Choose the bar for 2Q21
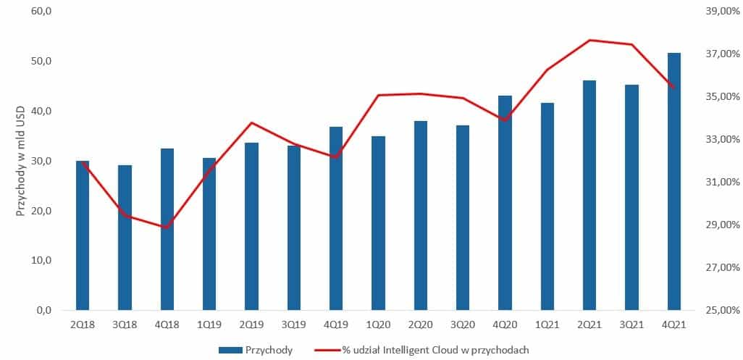pos(589,196)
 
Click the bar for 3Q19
pos(294,228)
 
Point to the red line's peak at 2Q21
pos(589,40)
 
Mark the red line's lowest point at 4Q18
pos(167,227)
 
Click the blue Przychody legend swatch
pos(230,350)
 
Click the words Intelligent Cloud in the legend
pos(421,350)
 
